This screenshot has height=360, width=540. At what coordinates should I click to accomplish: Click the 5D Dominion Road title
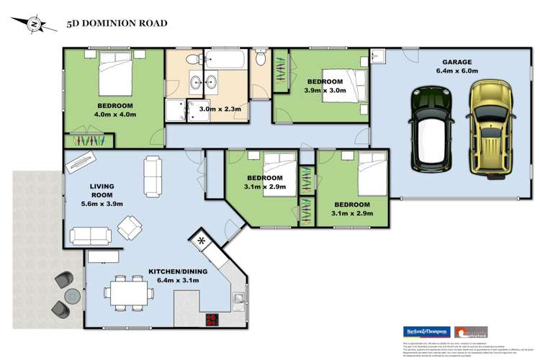117,24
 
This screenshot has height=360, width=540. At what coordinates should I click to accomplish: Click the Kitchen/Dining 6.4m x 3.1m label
178,276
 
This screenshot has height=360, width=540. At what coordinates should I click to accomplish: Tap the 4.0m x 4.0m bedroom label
116,110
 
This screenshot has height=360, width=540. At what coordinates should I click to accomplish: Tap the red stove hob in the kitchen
212,320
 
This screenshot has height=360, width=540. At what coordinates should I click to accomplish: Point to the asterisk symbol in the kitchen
202,240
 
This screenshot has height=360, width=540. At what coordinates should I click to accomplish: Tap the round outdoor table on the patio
73,295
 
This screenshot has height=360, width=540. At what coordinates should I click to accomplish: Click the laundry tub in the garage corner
378,57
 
